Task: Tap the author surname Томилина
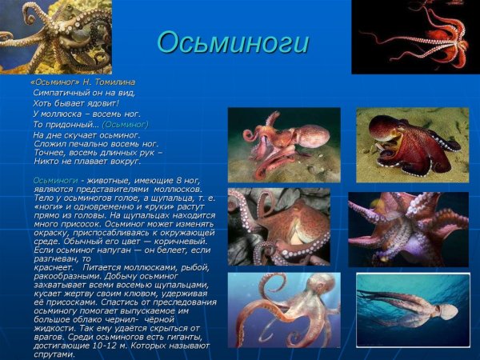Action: [x=114, y=82]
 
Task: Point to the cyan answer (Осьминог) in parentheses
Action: [x=126, y=124]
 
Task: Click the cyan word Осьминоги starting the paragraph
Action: [x=55, y=181]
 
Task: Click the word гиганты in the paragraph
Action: [x=184, y=337]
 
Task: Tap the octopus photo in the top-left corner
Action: [x=55, y=36]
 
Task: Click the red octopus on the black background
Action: [x=415, y=36]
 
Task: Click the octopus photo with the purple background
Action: [x=408, y=229]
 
